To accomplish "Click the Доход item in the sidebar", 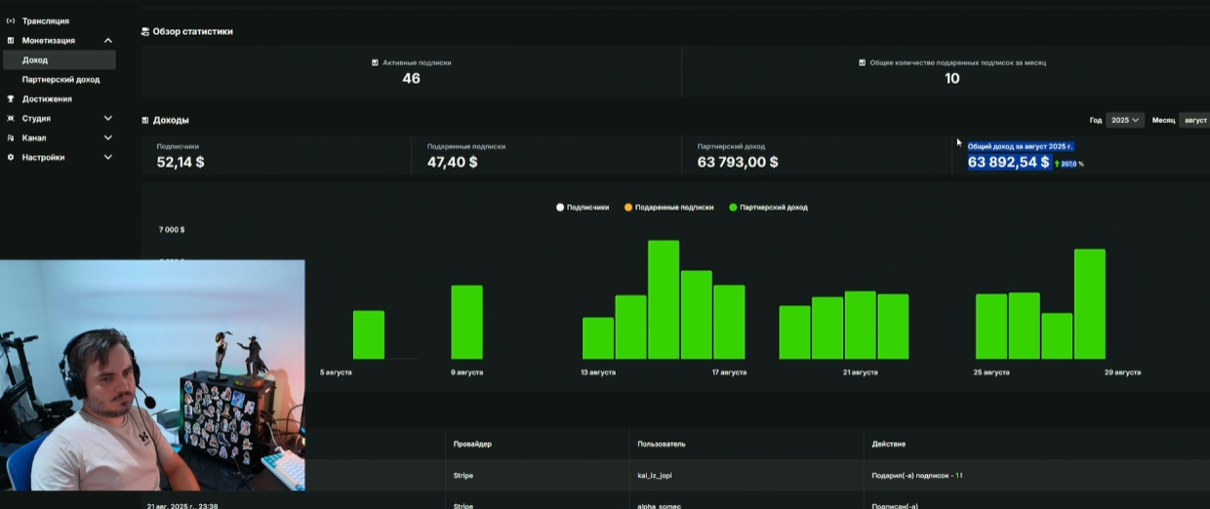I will (x=35, y=60).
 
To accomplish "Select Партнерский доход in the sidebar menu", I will (x=60, y=80).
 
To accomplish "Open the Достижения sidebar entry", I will (x=47, y=98).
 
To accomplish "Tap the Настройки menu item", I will (x=43, y=157).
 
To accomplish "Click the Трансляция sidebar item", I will (x=45, y=20).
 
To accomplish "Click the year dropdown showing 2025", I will (x=1124, y=120).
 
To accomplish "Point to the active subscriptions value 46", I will (x=411, y=78).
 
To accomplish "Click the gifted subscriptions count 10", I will (x=951, y=78).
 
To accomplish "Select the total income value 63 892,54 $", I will (x=1009, y=162).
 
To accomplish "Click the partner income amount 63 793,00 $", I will (x=738, y=162).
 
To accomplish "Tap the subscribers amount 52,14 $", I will (x=181, y=162).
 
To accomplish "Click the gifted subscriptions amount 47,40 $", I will (x=452, y=162).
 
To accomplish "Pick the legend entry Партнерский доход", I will (x=773, y=208).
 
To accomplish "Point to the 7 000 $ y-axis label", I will (x=172, y=230).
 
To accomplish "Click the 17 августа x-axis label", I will (x=729, y=372).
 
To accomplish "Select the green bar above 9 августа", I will (x=466, y=322).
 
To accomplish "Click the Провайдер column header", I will (x=472, y=444).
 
